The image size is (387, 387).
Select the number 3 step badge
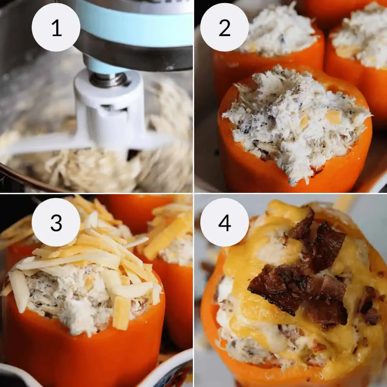click(56, 222)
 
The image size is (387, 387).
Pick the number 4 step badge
click(224, 222)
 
